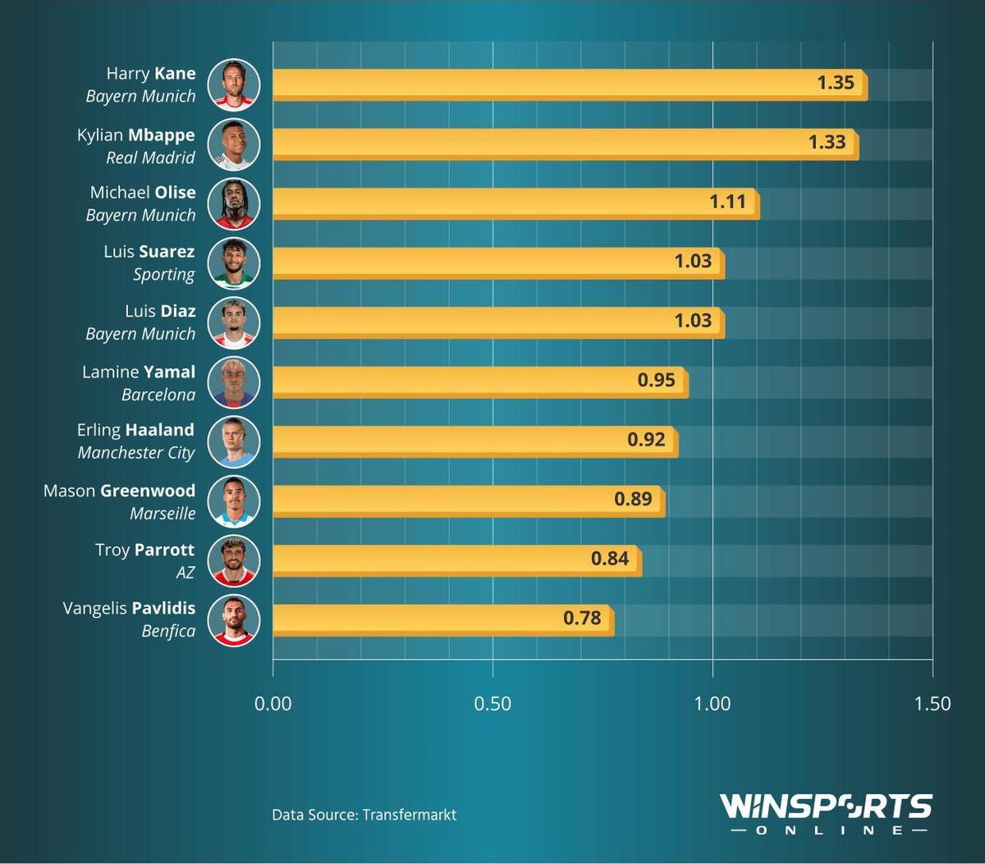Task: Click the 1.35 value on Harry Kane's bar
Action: click(x=836, y=83)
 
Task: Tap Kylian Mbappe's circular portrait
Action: click(x=234, y=144)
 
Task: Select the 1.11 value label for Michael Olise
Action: click(x=727, y=202)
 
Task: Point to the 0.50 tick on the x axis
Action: click(x=492, y=703)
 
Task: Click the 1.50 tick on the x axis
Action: click(x=932, y=703)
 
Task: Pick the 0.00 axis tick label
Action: click(x=273, y=703)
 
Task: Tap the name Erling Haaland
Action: click(x=135, y=430)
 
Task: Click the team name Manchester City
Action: click(x=136, y=453)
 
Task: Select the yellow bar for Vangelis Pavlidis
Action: click(x=443, y=619)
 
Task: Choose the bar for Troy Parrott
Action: click(x=456, y=560)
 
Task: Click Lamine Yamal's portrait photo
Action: click(x=234, y=382)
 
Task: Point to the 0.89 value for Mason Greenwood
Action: click(x=633, y=499)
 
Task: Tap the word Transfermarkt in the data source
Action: click(x=409, y=815)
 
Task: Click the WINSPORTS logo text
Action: click(x=826, y=806)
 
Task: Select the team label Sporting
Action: click(x=164, y=275)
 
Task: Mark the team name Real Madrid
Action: click(x=150, y=158)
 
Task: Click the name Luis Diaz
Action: click(x=160, y=311)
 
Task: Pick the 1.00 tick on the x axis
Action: click(x=712, y=703)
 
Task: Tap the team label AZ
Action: click(x=186, y=572)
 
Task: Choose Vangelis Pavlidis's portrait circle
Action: click(x=234, y=620)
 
